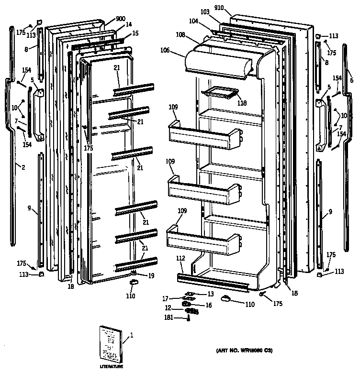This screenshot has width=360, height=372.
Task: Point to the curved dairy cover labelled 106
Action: click(218, 62)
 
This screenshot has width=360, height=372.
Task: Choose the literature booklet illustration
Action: click(110, 343)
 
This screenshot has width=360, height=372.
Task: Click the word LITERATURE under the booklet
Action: click(111, 366)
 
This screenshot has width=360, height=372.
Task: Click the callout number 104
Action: click(193, 22)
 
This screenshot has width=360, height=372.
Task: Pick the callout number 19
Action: click(151, 275)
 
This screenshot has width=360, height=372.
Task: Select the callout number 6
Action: click(351, 80)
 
